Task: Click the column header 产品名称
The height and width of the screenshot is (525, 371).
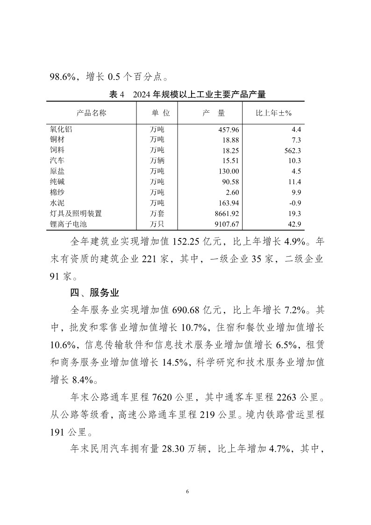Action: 91,113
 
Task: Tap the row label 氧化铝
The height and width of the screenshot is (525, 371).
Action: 61,129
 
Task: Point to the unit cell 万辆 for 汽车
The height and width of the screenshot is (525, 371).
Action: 157,160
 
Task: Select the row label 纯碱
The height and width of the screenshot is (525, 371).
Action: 57,181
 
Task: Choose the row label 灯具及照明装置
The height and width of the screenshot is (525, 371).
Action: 76,213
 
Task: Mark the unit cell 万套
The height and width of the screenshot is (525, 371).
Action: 157,213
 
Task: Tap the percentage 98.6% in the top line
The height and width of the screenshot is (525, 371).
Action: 65,76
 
